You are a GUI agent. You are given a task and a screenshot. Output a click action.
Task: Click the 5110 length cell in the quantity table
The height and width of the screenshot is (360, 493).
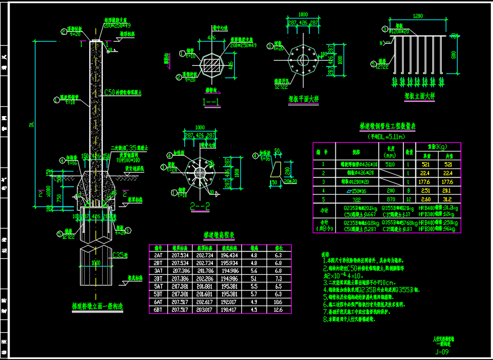point(390,164)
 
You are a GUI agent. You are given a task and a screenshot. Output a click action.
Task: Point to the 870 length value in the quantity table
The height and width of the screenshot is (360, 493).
point(390,199)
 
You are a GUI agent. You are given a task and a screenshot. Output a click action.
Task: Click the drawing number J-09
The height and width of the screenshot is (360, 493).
point(442,352)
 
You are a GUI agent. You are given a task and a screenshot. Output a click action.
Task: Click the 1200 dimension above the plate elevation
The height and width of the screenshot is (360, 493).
point(418,16)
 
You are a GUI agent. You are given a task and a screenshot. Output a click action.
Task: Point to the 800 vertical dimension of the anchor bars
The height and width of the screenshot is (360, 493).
point(453,55)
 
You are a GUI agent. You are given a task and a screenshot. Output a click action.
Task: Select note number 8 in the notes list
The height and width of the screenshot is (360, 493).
point(325,319)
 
